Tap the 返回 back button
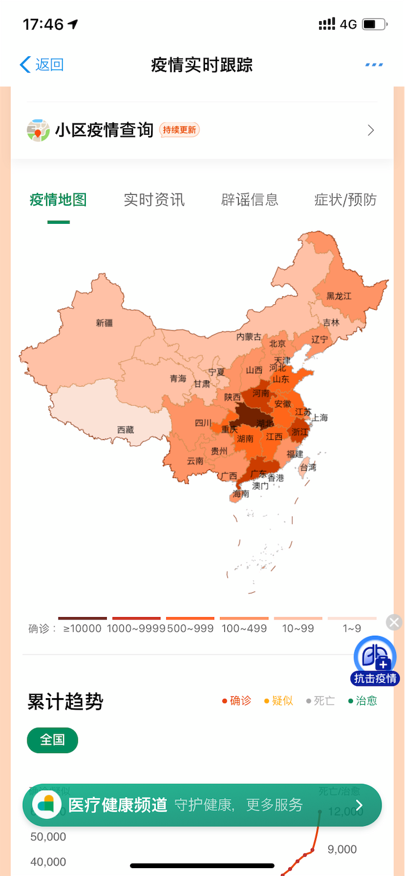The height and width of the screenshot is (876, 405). coord(42,65)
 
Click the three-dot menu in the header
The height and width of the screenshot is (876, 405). coord(374,65)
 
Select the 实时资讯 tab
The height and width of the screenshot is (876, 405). coord(154,200)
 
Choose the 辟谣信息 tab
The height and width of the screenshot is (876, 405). coord(250,200)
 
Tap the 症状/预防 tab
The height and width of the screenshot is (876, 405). coord(345,200)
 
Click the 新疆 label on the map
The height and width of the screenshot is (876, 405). coord(105,323)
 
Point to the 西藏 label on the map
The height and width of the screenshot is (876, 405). coord(126,430)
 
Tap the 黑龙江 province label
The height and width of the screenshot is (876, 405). coord(339,296)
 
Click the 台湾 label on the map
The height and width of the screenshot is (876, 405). coord(308,467)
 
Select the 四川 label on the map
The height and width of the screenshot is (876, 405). coord(203,423)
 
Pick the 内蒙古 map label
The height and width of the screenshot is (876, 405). coord(249,336)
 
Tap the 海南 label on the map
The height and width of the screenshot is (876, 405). coord(241,494)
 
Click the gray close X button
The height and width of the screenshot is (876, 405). coord(394,623)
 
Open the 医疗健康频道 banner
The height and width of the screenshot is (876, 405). coord(202,805)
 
